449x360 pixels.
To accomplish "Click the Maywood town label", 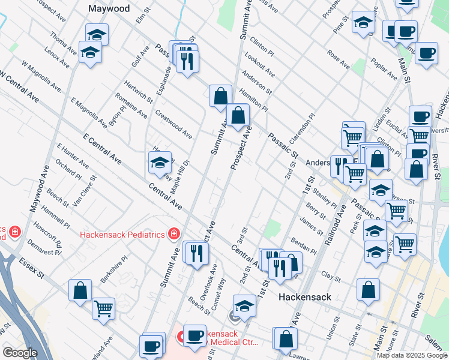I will coord(109,9).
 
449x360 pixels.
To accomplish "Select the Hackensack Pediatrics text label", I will coord(122,233).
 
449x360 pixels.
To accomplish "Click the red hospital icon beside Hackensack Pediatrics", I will coord(173,233).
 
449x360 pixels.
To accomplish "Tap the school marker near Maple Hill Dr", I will coord(160,163).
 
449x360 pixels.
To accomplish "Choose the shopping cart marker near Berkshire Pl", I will coord(104,308).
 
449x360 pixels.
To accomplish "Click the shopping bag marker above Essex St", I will coord(80,290).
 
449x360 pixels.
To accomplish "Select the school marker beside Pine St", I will coord(363,23).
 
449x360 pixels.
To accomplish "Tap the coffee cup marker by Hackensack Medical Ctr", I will coord(194,336).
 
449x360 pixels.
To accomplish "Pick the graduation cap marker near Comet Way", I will coord(244,306).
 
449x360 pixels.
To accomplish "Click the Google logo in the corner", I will coord(20,353).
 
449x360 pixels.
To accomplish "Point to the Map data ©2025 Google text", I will coord(412,355).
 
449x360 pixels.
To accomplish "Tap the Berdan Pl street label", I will coord(304,247).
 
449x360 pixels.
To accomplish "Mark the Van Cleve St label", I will coord(84,191).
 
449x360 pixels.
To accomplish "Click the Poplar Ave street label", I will coord(385,70).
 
